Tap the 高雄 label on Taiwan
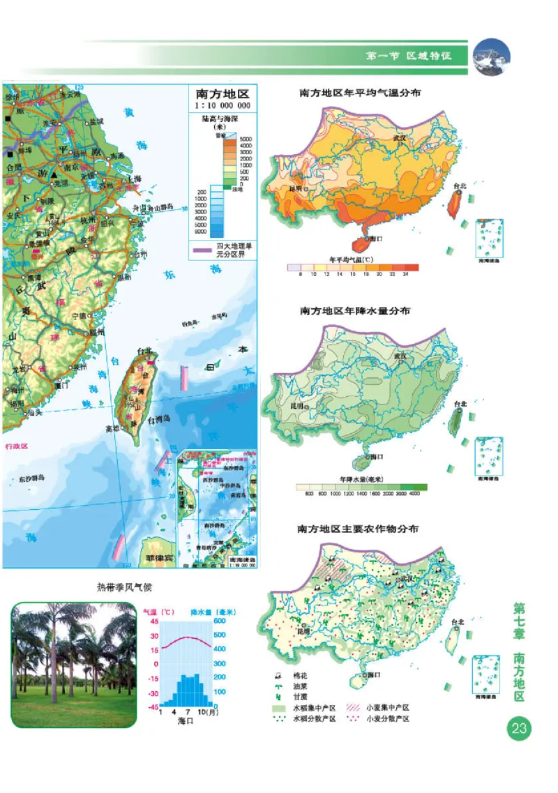pyautogui.click(x=112, y=428)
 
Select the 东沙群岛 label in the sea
pyautogui.click(x=31, y=478)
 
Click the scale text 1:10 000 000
pyautogui.click(x=222, y=105)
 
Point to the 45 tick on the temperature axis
pyautogui.click(x=155, y=621)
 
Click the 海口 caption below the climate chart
pyautogui.click(x=185, y=720)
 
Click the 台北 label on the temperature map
pyautogui.click(x=458, y=186)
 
